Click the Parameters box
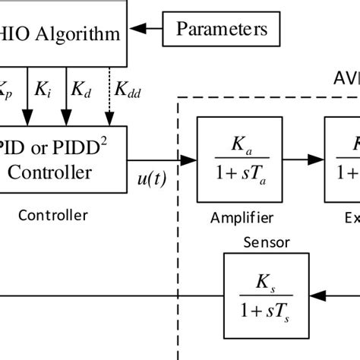click(221, 30)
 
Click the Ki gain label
click(43, 90)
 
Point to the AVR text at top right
click(346, 79)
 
